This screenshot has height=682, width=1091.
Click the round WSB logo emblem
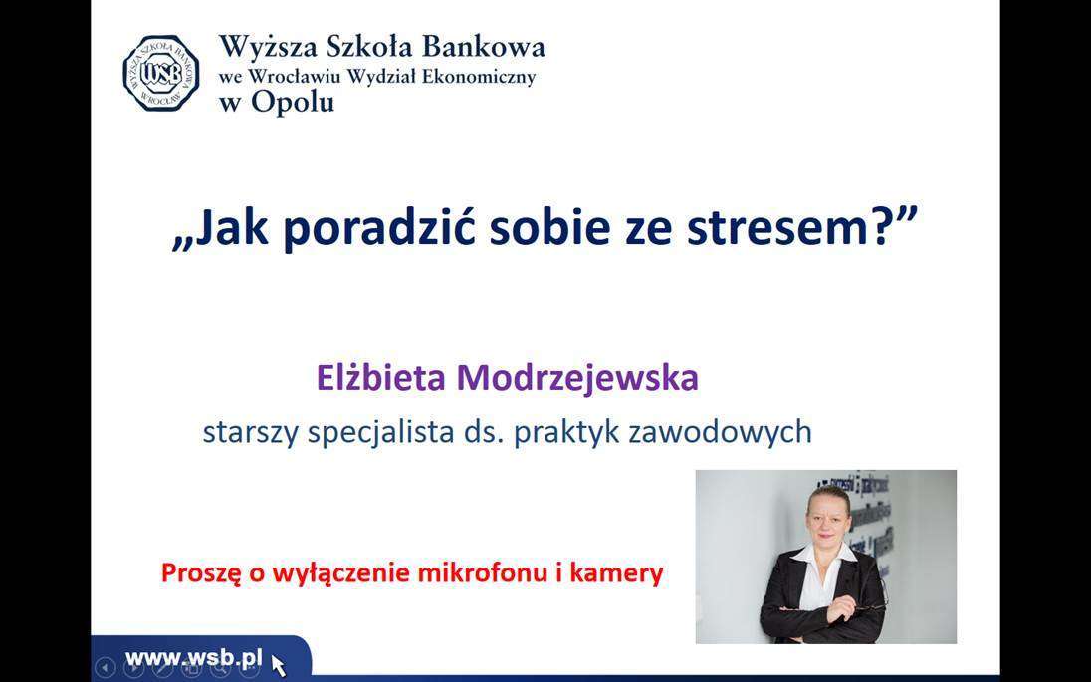click(160, 73)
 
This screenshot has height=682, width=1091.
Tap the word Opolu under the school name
click(293, 102)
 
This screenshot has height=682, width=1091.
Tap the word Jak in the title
click(230, 226)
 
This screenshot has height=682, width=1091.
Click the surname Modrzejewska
click(577, 379)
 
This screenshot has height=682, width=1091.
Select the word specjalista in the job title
click(380, 432)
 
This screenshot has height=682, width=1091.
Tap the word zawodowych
click(720, 431)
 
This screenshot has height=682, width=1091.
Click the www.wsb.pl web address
click(194, 658)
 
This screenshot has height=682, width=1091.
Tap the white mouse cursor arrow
click(278, 665)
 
